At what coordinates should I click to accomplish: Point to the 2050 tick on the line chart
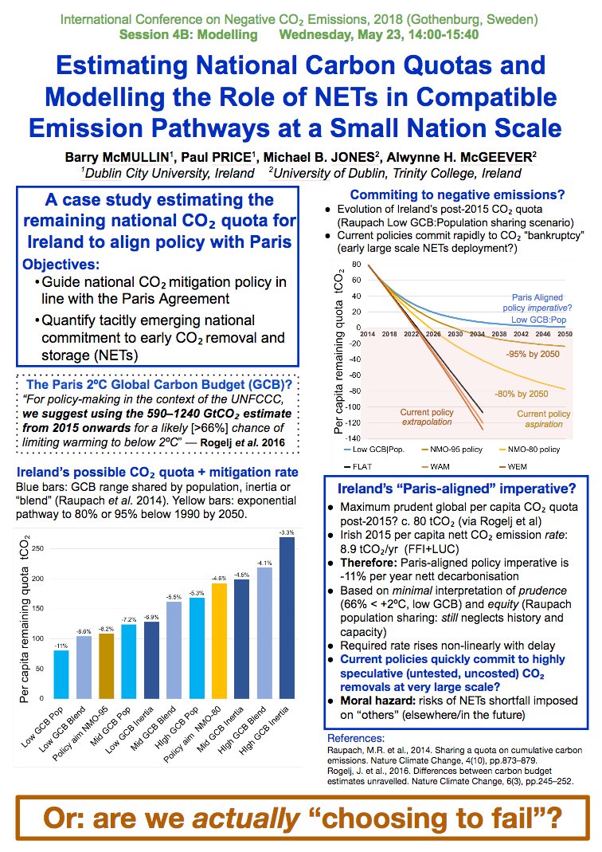(565, 333)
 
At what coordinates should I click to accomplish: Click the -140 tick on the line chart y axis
(350, 438)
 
